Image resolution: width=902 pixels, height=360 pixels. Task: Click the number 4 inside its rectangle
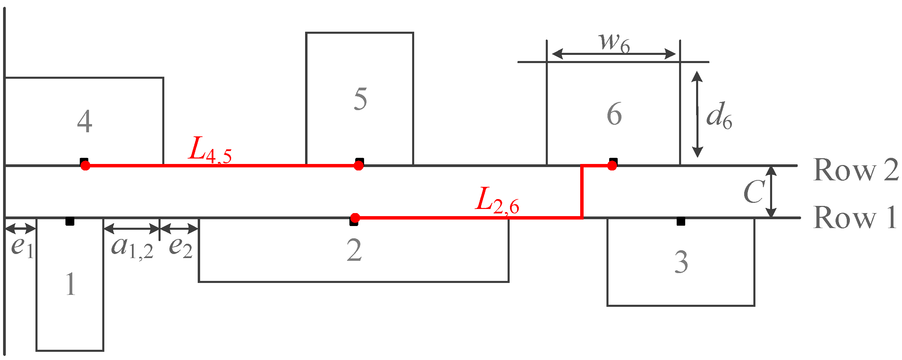point(85,121)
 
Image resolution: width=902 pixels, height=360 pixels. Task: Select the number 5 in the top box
point(360,99)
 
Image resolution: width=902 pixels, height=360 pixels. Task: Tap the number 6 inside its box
point(614,114)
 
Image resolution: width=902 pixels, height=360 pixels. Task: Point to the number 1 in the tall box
point(70,284)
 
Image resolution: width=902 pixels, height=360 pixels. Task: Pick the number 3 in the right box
point(681,262)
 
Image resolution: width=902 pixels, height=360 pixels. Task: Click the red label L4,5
point(209,151)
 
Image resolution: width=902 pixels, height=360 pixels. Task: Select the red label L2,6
point(497,200)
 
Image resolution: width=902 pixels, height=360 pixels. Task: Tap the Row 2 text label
point(855,170)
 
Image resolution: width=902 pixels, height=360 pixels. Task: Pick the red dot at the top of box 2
point(355,218)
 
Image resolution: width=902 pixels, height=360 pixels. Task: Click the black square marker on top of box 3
point(681,221)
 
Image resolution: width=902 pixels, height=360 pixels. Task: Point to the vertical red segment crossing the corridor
point(582,192)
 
